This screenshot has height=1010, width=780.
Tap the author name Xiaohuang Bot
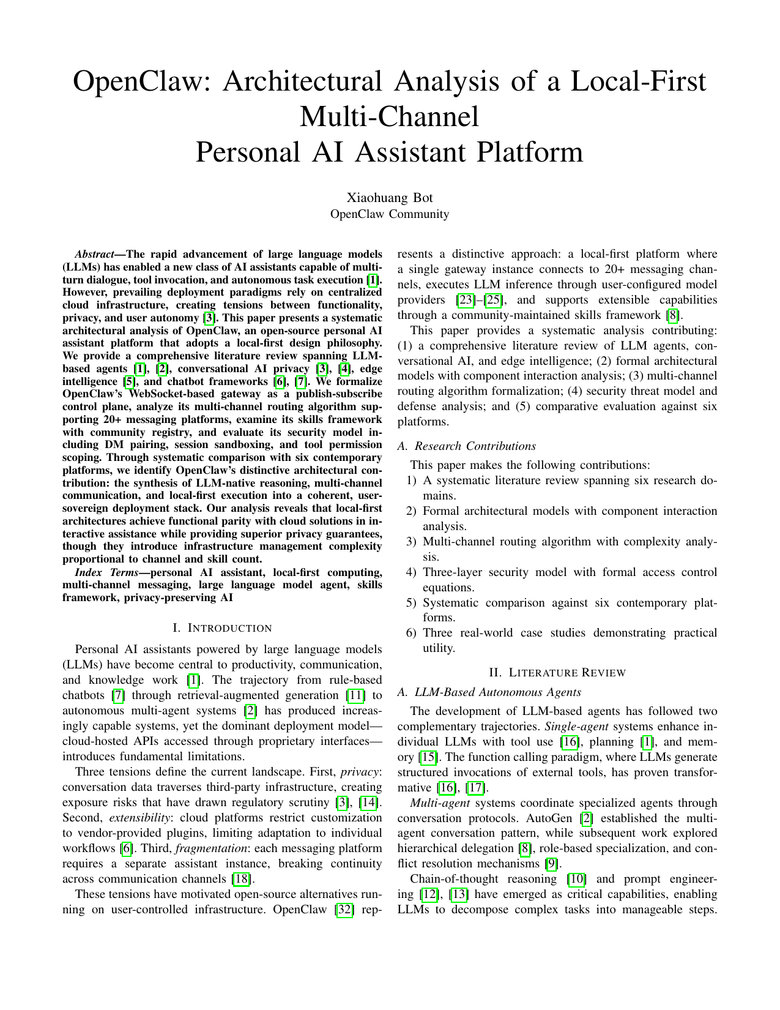(x=390, y=198)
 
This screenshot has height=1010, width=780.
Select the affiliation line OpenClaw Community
(x=390, y=214)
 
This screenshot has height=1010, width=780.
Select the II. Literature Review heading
(x=557, y=673)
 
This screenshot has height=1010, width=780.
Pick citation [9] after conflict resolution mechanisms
(x=551, y=864)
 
